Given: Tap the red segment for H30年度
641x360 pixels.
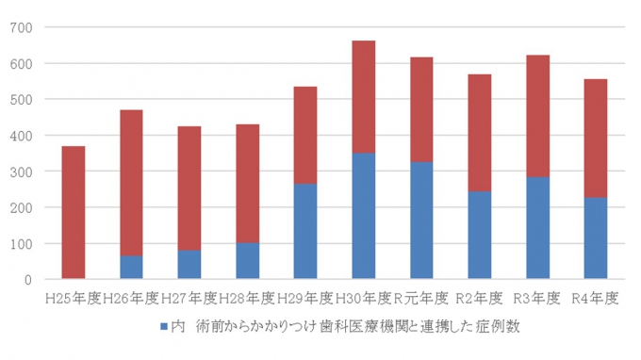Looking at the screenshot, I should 363,96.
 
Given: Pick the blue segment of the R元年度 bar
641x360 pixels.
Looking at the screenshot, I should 421,221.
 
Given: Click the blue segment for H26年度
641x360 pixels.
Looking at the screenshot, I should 131,267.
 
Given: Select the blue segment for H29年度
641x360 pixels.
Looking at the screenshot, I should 304,231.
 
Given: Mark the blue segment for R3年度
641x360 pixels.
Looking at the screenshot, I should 537,227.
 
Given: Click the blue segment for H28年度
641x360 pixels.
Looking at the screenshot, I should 247,261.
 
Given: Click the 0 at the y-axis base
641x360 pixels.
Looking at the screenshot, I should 28,280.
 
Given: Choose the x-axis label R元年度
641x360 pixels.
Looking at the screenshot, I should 421,299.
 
